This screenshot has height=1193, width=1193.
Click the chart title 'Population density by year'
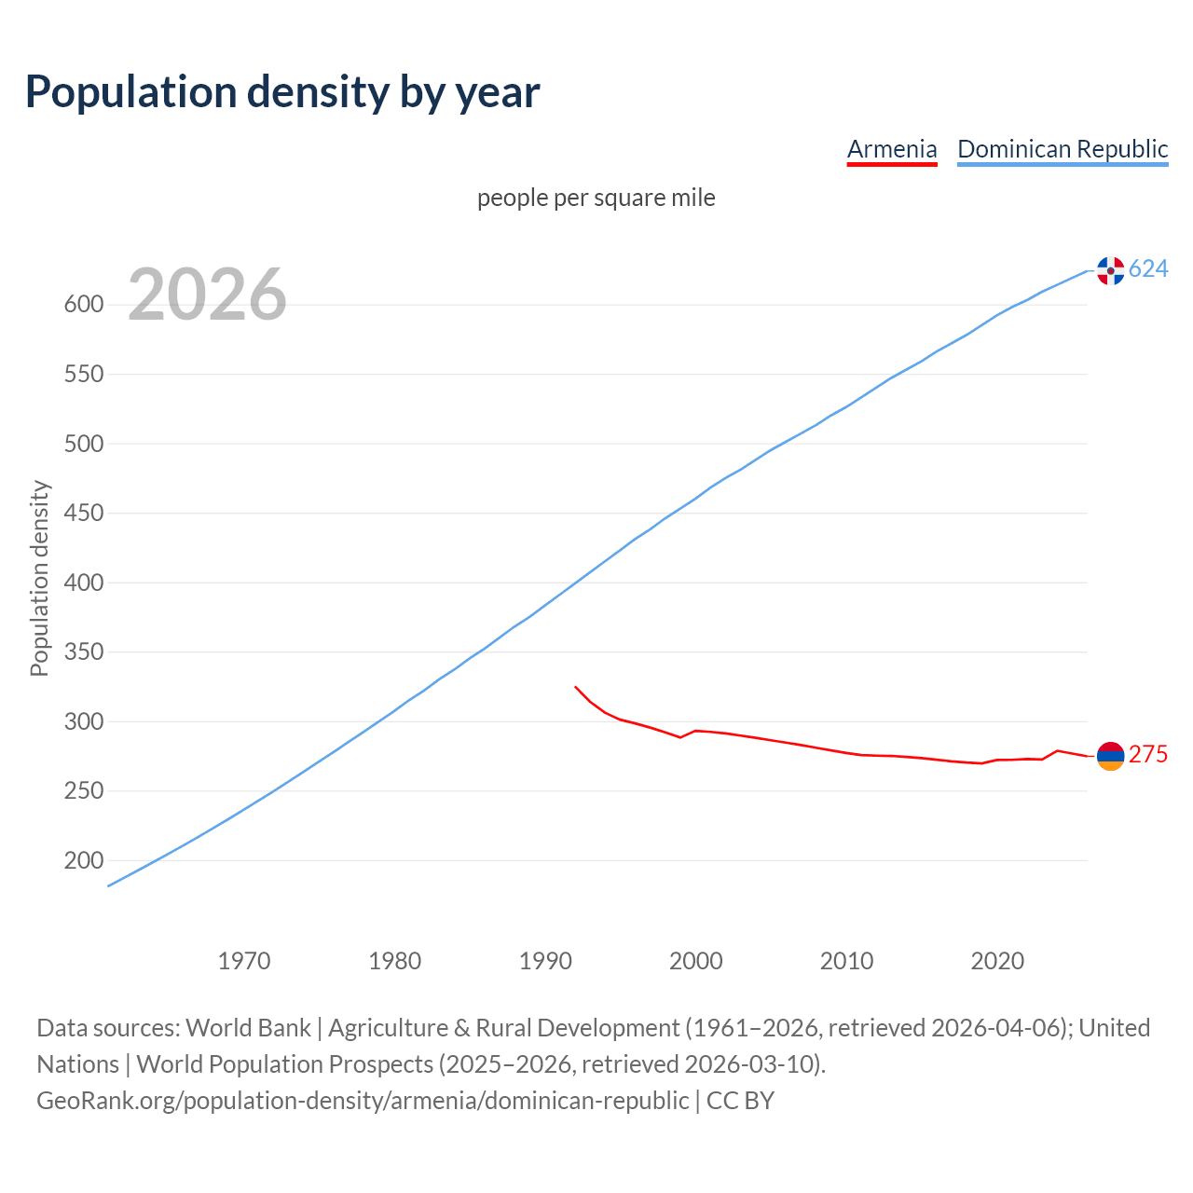coord(282,91)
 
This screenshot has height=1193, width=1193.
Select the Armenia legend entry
coord(892,149)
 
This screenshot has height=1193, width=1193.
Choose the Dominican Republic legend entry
coord(1063,149)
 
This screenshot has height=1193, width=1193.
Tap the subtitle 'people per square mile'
coord(596,198)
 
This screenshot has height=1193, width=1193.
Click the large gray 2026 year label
coord(207,295)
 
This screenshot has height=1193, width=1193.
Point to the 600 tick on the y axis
coord(82,305)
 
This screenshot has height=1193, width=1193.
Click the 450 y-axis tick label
coord(82,514)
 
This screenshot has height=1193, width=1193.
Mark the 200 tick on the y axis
coord(82,861)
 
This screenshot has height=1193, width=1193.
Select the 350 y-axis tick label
coord(82,652)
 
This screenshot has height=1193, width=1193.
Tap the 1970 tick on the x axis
coord(244,961)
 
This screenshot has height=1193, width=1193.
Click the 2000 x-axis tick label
coord(696,961)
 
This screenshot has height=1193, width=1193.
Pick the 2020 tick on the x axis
coord(997,961)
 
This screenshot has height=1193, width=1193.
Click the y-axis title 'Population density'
coord(39,578)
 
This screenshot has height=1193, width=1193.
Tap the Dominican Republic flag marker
coord(1110,270)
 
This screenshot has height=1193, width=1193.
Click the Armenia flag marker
coord(1110,756)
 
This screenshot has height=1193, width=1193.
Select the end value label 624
coord(1148,269)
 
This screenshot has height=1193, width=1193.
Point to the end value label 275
coord(1148,755)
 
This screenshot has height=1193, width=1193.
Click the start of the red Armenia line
coord(576,687)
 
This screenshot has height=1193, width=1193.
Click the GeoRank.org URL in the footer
coord(363,1101)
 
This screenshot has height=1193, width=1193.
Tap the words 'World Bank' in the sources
coord(248,1028)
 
